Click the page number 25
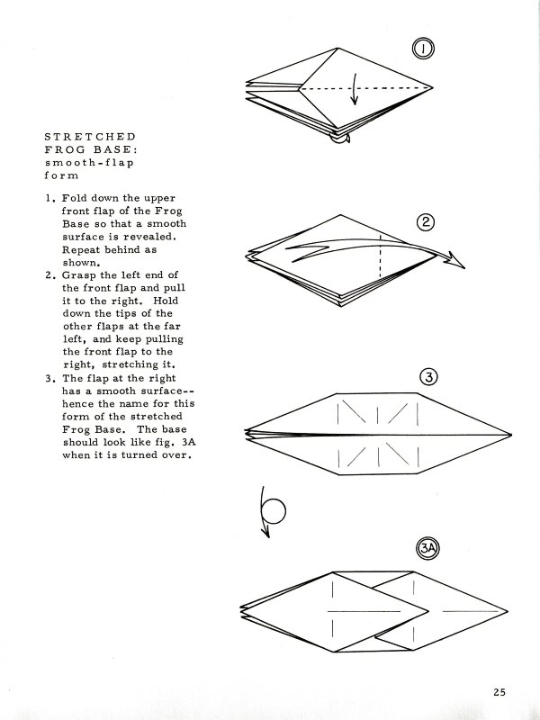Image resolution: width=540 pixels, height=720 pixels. (500, 692)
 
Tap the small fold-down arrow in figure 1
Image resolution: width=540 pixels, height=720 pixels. (355, 101)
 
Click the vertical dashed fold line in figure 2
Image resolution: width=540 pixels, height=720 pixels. (381, 256)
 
